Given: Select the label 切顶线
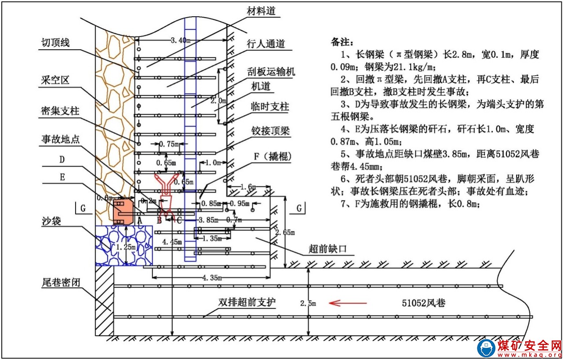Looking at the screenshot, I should coord(55,42).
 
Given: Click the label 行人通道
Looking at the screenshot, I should coord(266,44).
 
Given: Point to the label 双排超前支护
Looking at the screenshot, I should coord(247,303).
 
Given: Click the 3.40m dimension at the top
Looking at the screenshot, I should coord(180,40).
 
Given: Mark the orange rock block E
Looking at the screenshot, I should coord(122,211).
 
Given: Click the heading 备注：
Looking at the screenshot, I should coord(342,43).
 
